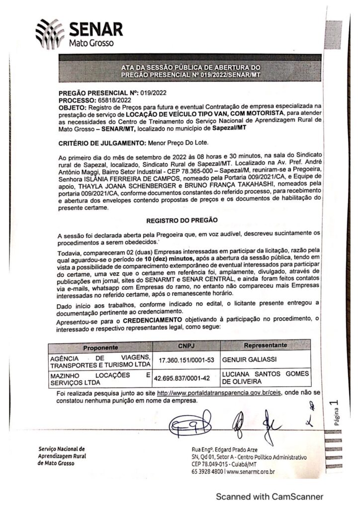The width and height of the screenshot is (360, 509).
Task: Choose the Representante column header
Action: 266,344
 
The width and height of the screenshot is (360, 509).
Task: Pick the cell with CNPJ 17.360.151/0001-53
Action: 182,359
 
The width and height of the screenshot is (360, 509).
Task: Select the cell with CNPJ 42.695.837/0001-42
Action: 182,378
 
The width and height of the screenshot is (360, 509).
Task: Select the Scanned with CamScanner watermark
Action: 269,496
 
